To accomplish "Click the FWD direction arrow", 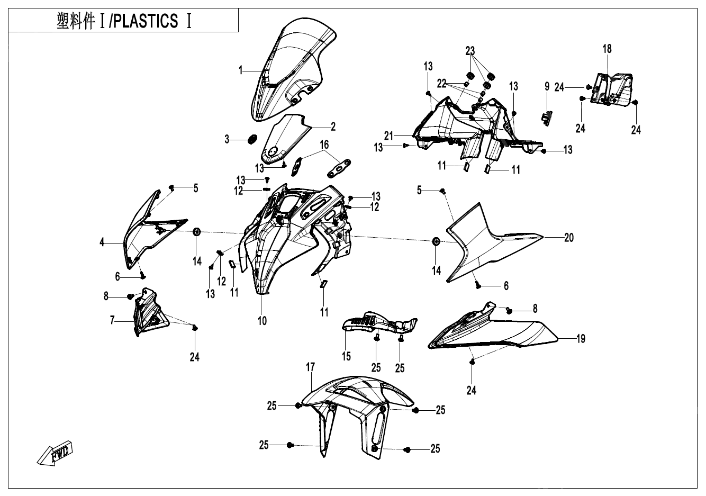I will tap(56, 453).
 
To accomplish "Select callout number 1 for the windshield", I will tap(241, 70).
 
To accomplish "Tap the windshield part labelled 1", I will tap(288, 69).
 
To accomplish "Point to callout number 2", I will tap(333, 127).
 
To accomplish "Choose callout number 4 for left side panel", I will tap(102, 244).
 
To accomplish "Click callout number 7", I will tap(112, 320).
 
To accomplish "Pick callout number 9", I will tap(547, 86).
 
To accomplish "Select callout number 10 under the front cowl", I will tap(263, 320).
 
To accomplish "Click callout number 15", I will tap(346, 356).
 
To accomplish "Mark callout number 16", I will tap(324, 145).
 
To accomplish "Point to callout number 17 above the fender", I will tap(311, 367).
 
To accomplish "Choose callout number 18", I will tap(607, 49).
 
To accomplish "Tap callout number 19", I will tap(581, 339).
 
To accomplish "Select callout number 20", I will tap(569, 238).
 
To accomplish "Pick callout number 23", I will tap(470, 51).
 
